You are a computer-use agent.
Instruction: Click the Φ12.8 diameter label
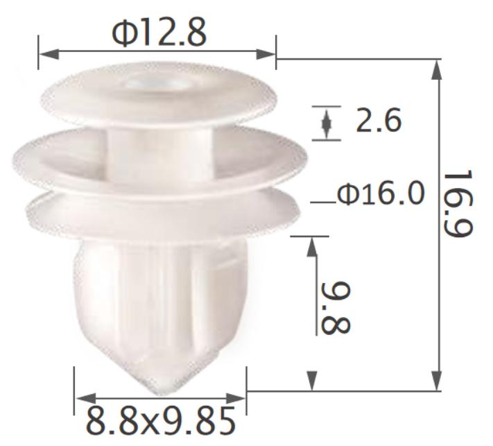tap(159, 33)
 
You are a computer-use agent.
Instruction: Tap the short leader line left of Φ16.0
tap(322, 203)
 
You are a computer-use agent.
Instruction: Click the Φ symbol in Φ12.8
tap(125, 33)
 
